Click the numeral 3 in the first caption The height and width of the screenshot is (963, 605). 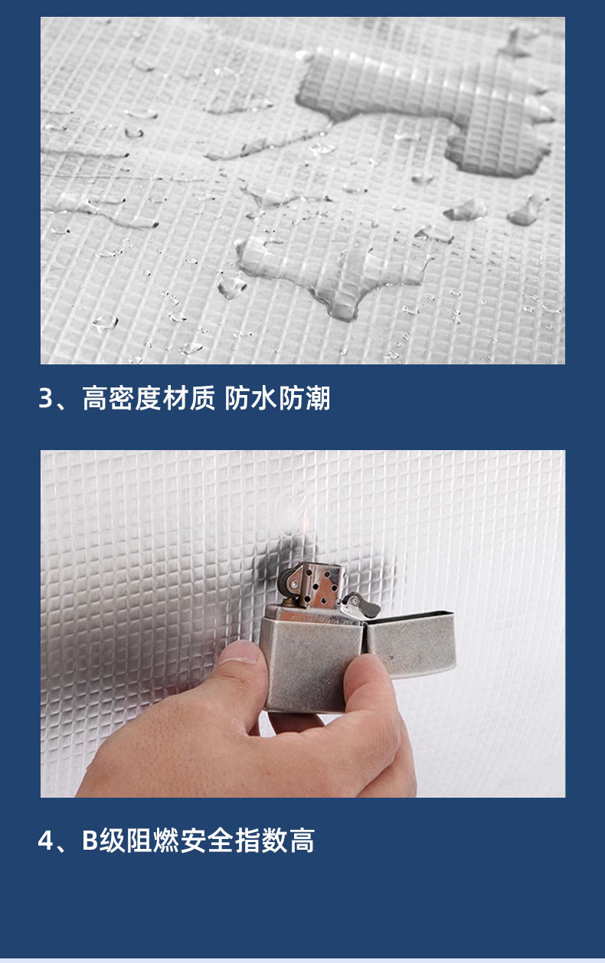click(x=45, y=398)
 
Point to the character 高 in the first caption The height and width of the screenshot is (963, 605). click(x=95, y=398)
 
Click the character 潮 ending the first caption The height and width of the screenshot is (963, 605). click(x=317, y=398)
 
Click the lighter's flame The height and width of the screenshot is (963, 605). click(x=306, y=524)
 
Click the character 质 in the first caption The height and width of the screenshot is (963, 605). click(x=202, y=398)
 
